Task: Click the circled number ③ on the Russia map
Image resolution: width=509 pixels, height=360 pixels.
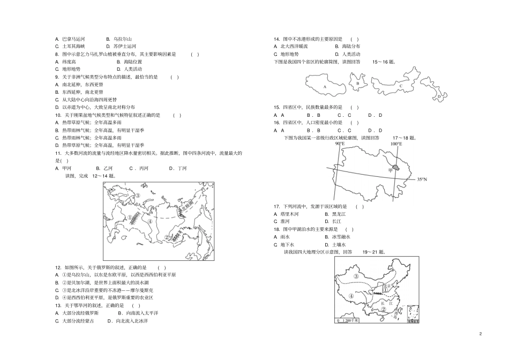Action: click(x=138, y=196)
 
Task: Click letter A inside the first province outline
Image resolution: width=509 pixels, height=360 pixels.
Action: click(x=325, y=85)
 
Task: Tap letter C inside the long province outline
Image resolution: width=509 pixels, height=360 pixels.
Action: click(x=400, y=85)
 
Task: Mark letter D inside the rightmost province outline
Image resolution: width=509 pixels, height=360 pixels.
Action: click(x=438, y=96)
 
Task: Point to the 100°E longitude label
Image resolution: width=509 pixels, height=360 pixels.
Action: click(x=395, y=144)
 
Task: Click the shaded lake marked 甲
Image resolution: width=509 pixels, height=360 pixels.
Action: click(x=396, y=168)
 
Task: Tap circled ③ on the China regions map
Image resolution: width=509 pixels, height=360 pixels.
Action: click(x=356, y=276)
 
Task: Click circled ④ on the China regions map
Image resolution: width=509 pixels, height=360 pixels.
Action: click(x=351, y=295)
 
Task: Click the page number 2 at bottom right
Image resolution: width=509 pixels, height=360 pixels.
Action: click(x=481, y=334)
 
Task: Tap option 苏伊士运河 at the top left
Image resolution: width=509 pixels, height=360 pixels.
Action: click(x=125, y=46)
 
